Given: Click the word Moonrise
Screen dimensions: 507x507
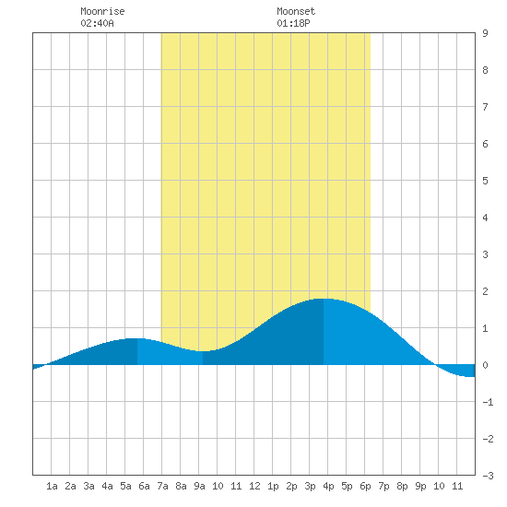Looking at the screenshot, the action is coord(102,11).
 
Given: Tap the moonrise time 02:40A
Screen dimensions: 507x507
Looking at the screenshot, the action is coord(97,23).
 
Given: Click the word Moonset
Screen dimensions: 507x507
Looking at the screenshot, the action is coord(296,11).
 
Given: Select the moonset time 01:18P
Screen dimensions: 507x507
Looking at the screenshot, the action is coord(293,23).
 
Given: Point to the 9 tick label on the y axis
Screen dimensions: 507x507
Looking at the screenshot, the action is coord(485,33).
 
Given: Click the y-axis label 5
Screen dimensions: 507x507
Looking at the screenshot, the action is coord(485,181).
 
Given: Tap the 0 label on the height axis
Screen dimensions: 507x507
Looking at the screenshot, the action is coord(485,365).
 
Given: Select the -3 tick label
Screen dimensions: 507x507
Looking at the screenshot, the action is coord(488,476).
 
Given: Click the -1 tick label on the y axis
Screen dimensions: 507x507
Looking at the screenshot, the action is coord(488,402).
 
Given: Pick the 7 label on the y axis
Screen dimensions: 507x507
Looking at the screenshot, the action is coord(485,107).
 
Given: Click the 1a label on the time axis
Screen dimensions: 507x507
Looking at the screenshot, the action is coord(52,486).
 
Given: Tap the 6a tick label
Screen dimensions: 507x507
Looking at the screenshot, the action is coord(144,486).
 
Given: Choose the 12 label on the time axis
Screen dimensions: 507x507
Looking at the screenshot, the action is coord(254,486).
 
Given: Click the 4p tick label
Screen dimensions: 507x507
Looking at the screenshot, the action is coord(328,486).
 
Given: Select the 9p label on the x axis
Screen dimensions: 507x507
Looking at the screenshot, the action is coord(420,486).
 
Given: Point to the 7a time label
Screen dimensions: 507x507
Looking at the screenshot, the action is coord(162,486).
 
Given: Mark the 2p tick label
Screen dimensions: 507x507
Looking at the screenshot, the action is coord(291,486).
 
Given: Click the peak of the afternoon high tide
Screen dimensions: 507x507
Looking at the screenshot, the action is coord(324,299).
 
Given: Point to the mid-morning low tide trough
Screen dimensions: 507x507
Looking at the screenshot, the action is coord(203,351).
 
